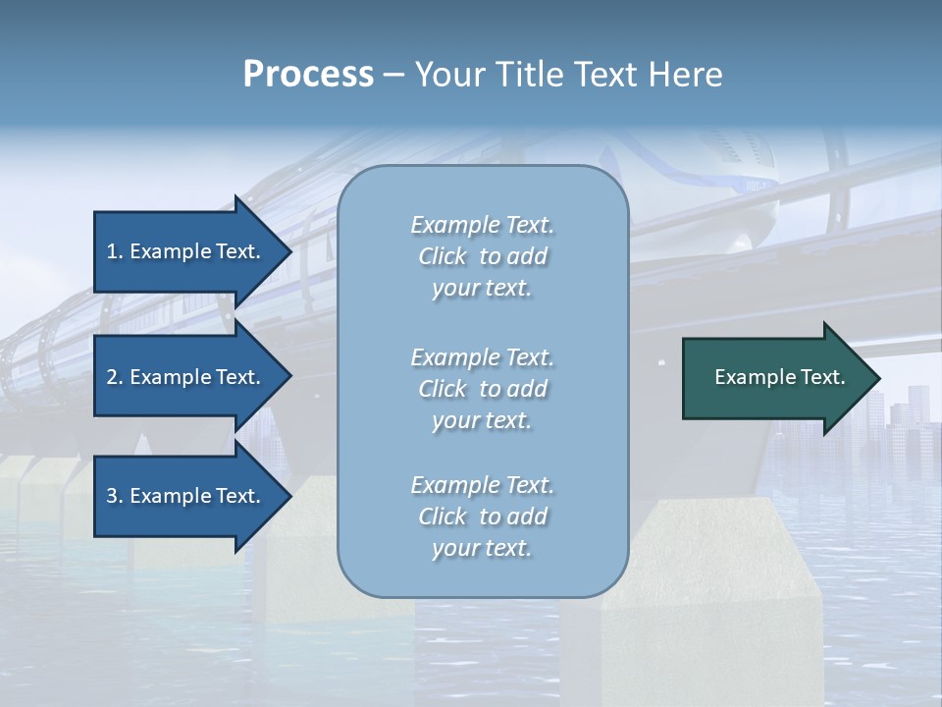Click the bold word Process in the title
(x=308, y=75)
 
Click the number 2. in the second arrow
(x=115, y=377)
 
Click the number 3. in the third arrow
(x=115, y=496)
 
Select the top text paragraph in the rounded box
(x=482, y=256)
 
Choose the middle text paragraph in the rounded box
(x=482, y=389)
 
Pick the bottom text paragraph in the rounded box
(x=482, y=517)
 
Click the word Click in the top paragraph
(x=443, y=256)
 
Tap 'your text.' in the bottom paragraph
(x=482, y=548)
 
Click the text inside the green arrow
(x=780, y=377)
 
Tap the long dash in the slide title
(x=394, y=75)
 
